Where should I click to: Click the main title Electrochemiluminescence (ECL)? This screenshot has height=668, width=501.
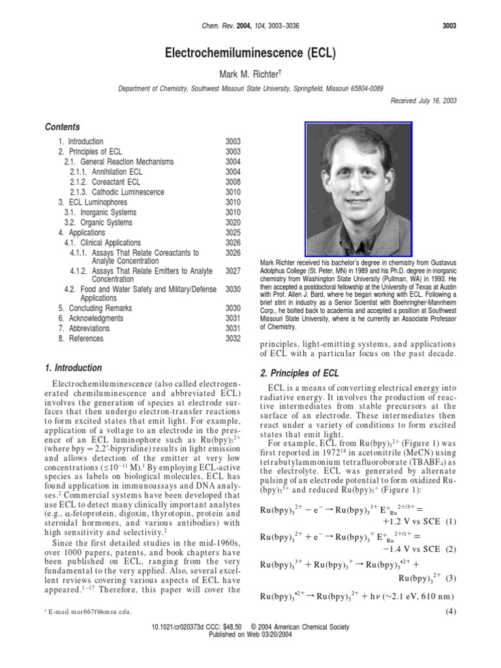coord(250,54)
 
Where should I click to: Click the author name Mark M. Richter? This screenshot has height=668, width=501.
coord(250,75)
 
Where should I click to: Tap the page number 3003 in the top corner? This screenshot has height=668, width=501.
coord(448,26)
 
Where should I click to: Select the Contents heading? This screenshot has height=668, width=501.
coord(63,127)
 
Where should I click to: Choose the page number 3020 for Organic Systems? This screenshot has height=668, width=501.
coord(233,222)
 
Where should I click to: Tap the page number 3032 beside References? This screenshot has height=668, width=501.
coord(233,339)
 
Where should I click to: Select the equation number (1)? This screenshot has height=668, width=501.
coord(449,523)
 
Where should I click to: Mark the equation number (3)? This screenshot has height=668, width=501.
coord(449,578)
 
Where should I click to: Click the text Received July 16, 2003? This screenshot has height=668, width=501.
coord(423,100)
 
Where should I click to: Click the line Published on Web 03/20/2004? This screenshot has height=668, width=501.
coord(250,635)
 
